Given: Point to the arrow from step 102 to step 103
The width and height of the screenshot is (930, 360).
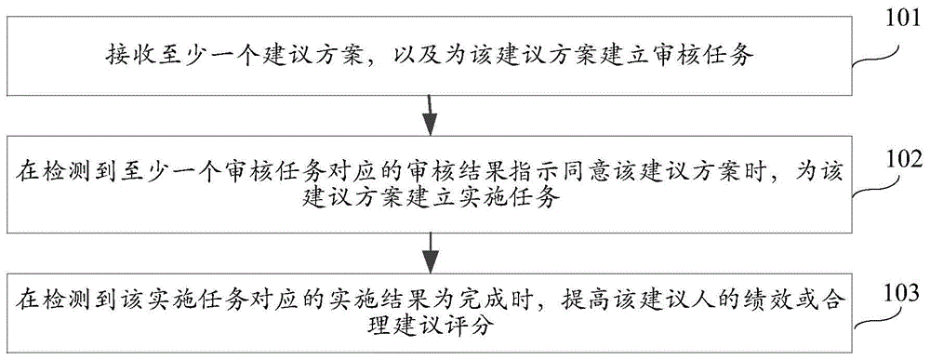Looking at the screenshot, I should coord(429,249).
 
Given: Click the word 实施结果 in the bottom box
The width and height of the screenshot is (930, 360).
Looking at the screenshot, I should coord(406,301).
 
